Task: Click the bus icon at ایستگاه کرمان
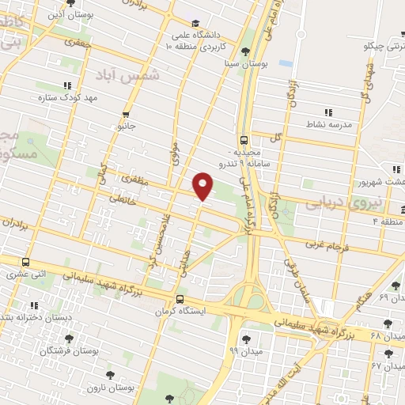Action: click(x=181, y=299)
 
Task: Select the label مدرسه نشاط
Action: click(x=327, y=124)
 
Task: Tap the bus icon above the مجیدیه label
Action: click(x=244, y=137)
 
